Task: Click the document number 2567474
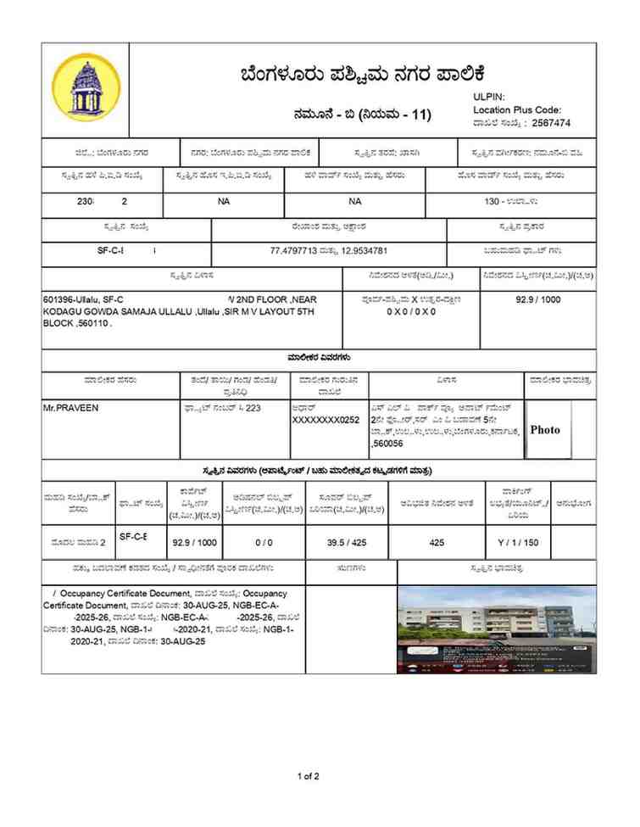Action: coord(551,123)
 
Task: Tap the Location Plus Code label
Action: coord(517,110)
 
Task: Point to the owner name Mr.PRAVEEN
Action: coord(70,408)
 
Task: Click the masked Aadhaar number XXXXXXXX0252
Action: coord(326,420)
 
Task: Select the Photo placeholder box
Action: coord(545,430)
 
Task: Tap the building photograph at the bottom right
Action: coord(497,629)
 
